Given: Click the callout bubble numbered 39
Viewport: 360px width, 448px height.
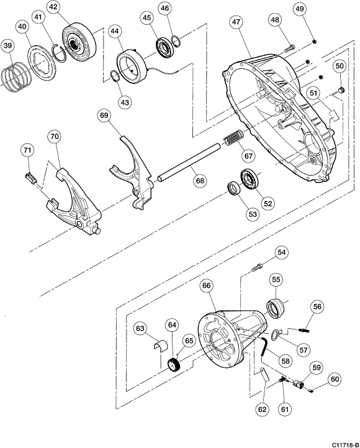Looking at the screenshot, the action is click(x=8, y=47).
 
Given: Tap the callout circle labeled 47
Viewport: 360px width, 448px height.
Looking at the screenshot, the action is click(x=236, y=22).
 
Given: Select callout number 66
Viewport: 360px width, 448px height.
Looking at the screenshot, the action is click(x=207, y=285).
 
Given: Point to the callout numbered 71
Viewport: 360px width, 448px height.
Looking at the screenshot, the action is click(x=27, y=150).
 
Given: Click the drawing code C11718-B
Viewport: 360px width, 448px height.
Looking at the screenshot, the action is click(x=345, y=445).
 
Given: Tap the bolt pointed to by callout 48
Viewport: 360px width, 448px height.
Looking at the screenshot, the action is click(x=289, y=48).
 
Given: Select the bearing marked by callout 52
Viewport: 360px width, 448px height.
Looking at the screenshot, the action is click(x=250, y=179).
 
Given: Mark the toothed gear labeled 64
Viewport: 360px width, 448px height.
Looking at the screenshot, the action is click(x=173, y=365).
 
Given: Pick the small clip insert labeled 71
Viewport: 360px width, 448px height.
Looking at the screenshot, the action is click(x=30, y=177).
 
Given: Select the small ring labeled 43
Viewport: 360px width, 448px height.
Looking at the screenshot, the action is click(x=115, y=76).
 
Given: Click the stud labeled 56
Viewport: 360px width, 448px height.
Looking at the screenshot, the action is click(x=304, y=330).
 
